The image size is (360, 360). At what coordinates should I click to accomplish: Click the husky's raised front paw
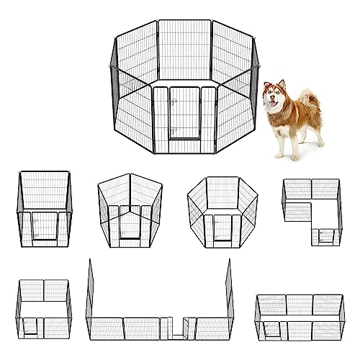pos(276,153)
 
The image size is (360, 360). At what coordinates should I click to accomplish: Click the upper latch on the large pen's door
pos(173,102)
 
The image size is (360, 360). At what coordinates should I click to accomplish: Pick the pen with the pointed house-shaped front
pos(130,209)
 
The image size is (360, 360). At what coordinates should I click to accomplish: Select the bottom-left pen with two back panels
pos(45,310)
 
